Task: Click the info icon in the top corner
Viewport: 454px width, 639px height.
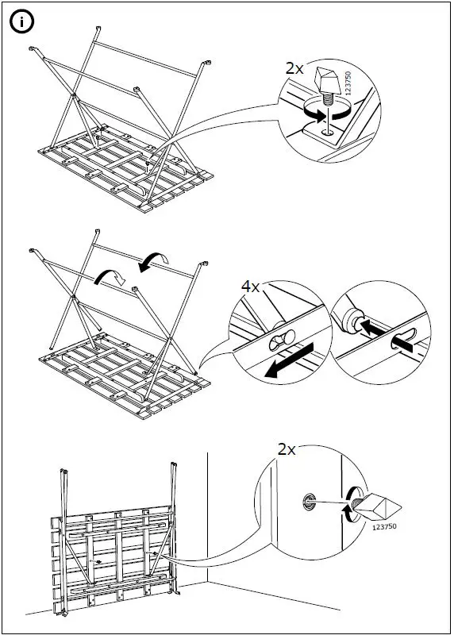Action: click(x=22, y=23)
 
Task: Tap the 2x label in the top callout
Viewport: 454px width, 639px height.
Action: click(x=294, y=68)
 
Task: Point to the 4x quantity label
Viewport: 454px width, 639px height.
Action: click(x=251, y=287)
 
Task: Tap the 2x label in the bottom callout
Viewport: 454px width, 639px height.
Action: click(x=287, y=449)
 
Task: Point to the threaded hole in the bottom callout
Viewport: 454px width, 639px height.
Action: click(x=307, y=501)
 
